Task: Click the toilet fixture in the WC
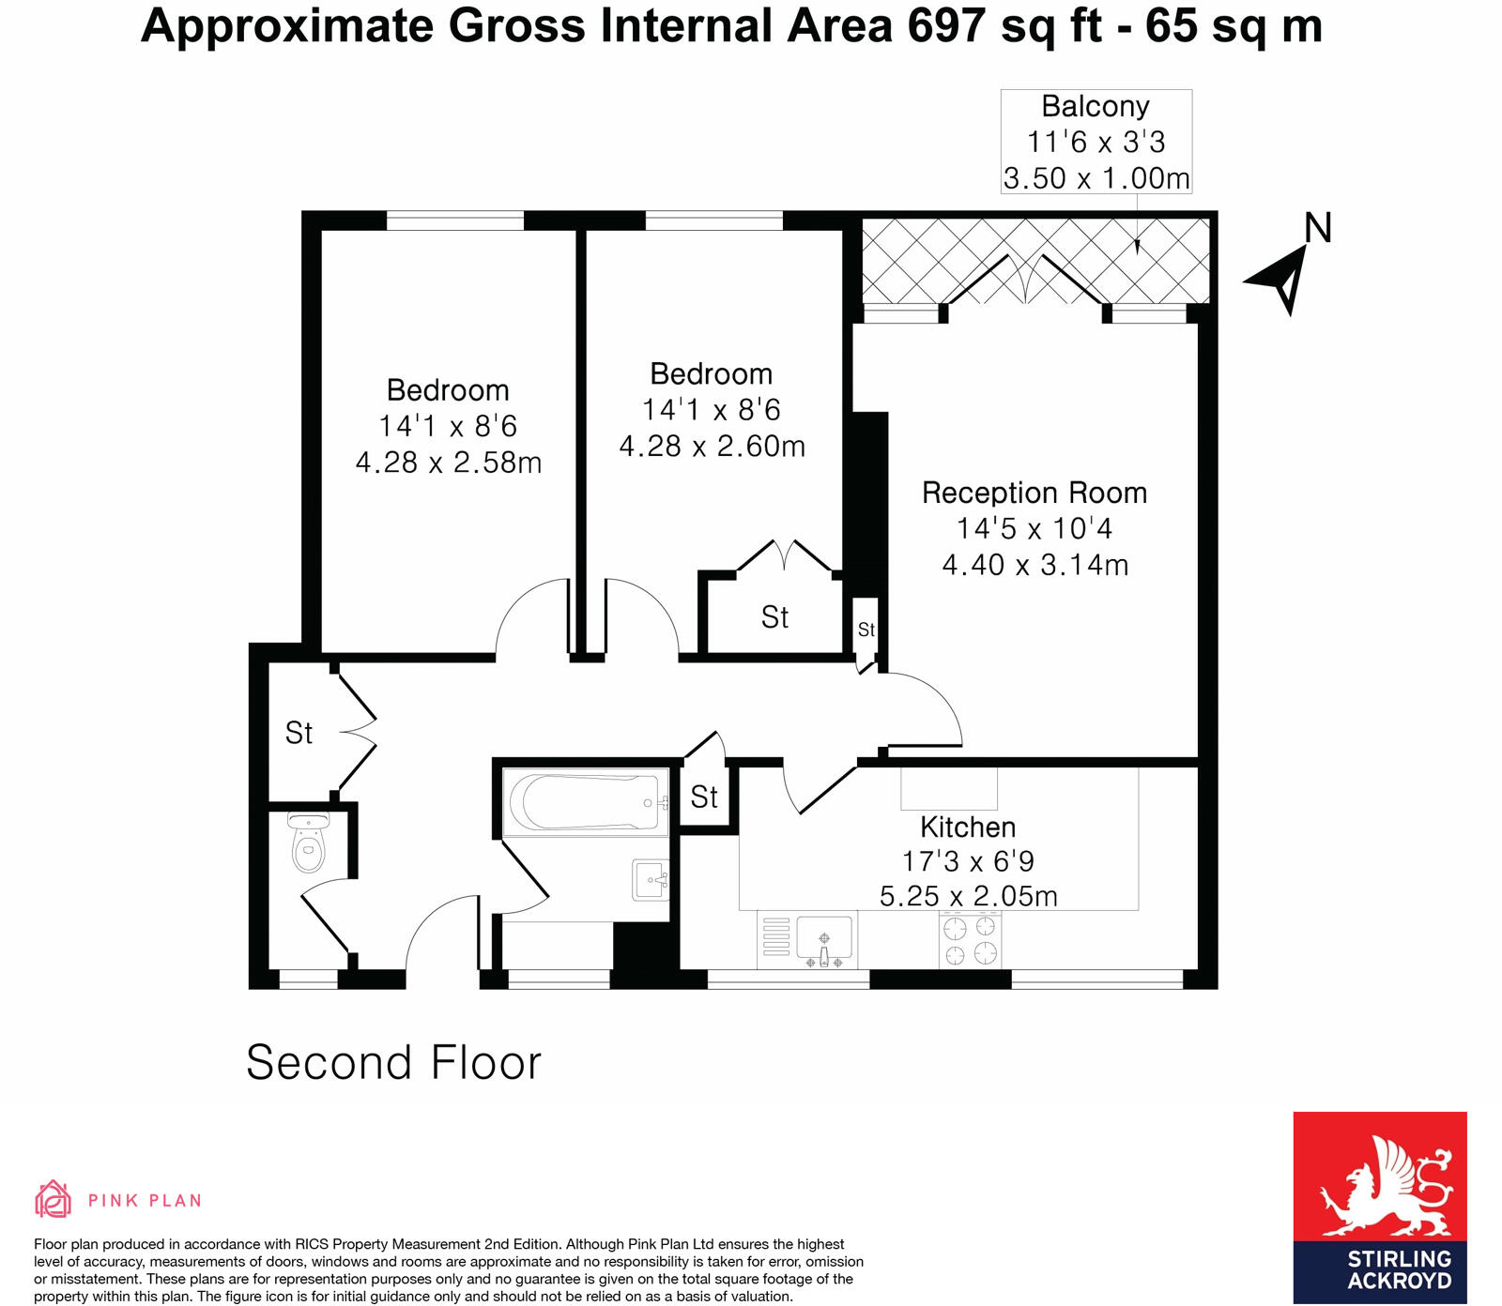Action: coord(308,844)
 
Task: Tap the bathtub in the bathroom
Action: coord(585,802)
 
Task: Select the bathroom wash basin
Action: coord(651,880)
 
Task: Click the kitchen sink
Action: coord(824,940)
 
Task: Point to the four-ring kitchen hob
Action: coord(970,941)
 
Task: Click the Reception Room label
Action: coord(1034,493)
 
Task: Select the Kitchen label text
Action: coord(968,827)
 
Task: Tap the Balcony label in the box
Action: coord(1096,106)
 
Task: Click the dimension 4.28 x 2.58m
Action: coord(449,463)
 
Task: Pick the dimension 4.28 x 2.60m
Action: coord(712,446)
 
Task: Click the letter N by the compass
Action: coord(1318,228)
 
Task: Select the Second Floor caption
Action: coord(393,1063)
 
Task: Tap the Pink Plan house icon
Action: coord(54,1199)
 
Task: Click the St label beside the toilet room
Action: coord(299,733)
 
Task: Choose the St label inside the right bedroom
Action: coord(774,617)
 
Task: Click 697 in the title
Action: coord(946,25)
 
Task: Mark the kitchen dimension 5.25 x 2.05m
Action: coord(968,896)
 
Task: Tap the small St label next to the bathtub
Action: coord(704,797)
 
